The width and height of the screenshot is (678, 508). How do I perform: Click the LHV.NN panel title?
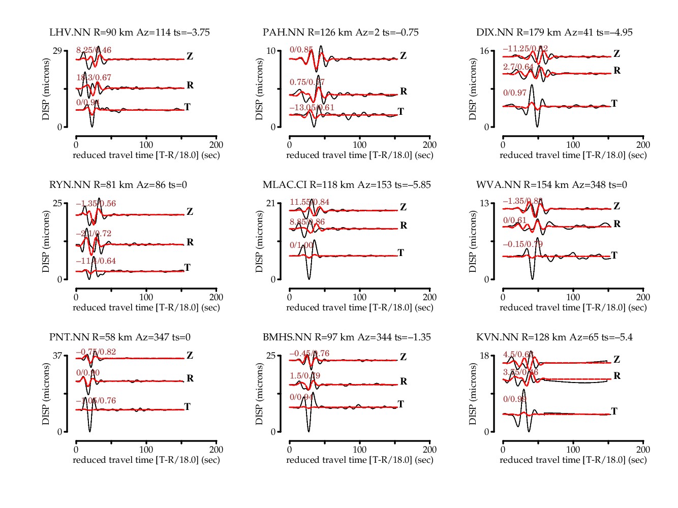coord(130,33)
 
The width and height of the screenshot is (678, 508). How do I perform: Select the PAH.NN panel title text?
coord(341,33)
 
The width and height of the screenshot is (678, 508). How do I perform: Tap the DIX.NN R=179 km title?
coord(554,33)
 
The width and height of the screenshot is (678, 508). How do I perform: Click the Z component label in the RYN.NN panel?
coord(190,212)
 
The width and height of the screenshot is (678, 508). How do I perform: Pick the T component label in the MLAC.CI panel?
coord(400,252)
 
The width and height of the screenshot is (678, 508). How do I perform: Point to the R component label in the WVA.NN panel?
coord(617,224)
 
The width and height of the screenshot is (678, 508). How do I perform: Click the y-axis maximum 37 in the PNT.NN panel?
coord(57,356)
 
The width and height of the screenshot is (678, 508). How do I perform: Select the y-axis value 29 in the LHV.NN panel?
coord(57,51)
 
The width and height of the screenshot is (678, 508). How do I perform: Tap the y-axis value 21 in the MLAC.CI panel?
coord(270,203)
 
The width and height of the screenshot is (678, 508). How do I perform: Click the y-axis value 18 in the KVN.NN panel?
coord(484,356)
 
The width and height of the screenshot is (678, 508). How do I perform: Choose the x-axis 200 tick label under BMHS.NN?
coord(429,450)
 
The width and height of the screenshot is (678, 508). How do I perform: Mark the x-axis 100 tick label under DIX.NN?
coord(573,145)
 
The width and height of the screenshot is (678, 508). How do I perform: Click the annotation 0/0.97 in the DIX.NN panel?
coord(515,93)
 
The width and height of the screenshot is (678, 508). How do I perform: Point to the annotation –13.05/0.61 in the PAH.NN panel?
coord(312,108)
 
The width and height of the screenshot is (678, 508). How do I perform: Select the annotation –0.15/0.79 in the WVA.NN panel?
coord(523,244)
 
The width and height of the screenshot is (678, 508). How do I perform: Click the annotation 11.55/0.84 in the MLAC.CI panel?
coord(310,202)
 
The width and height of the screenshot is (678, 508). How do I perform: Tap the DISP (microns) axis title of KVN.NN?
coord(473,394)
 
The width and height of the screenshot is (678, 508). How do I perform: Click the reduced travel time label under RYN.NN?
coord(146,307)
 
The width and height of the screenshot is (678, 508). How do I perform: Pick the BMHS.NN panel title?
coord(347,337)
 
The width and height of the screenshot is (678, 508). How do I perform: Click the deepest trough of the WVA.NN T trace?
coord(532,279)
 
